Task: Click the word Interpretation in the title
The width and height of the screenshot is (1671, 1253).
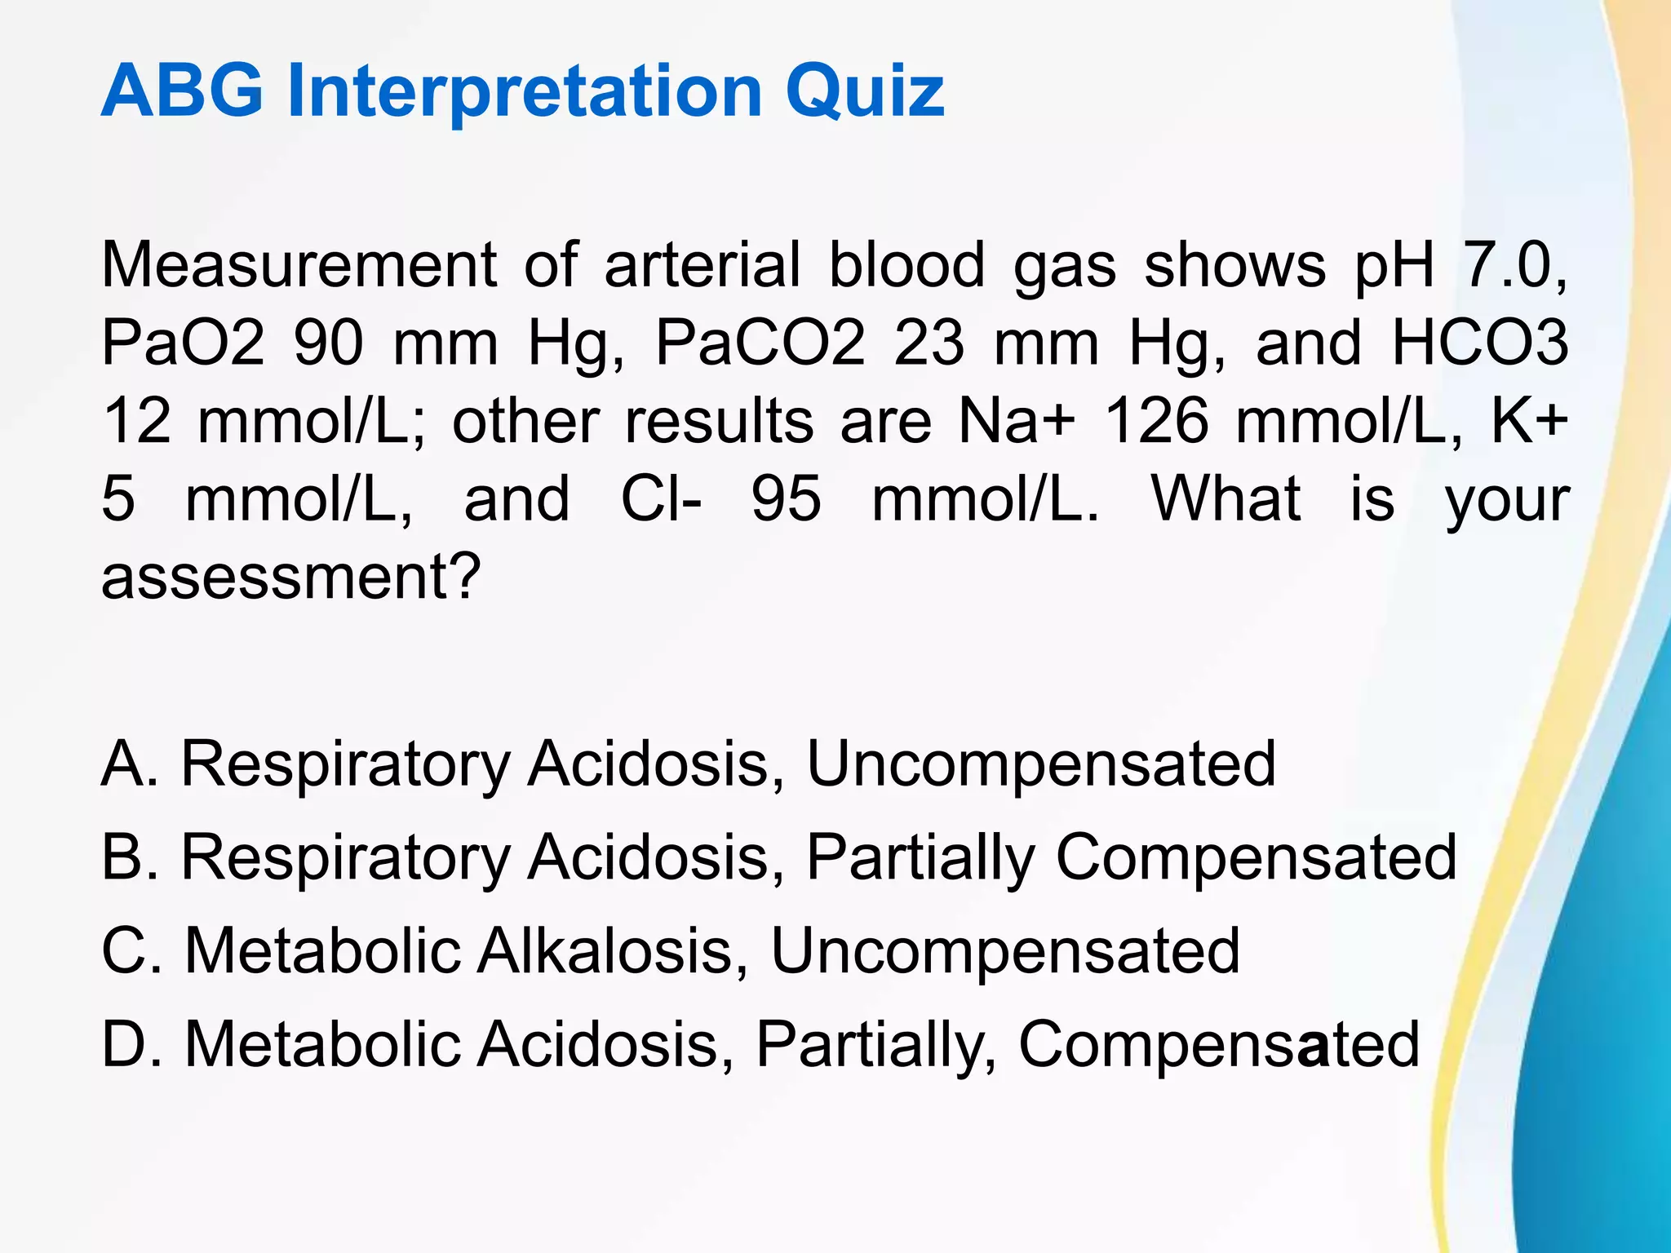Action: pos(525,91)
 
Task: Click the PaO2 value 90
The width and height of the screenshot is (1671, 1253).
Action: pos(329,343)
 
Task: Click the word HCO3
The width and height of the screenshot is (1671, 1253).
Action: pos(1478,343)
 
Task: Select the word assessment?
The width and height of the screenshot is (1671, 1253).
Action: pos(290,577)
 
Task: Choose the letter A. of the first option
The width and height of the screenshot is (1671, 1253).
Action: pos(129,764)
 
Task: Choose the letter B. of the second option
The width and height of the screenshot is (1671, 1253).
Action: pos(129,857)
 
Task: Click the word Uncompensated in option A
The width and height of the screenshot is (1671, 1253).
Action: pos(1041,765)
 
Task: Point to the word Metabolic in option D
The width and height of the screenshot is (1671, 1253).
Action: pos(322,1044)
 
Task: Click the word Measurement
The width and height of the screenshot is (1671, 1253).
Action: pos(299,265)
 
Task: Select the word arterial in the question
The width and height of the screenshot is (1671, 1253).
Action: pos(703,265)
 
